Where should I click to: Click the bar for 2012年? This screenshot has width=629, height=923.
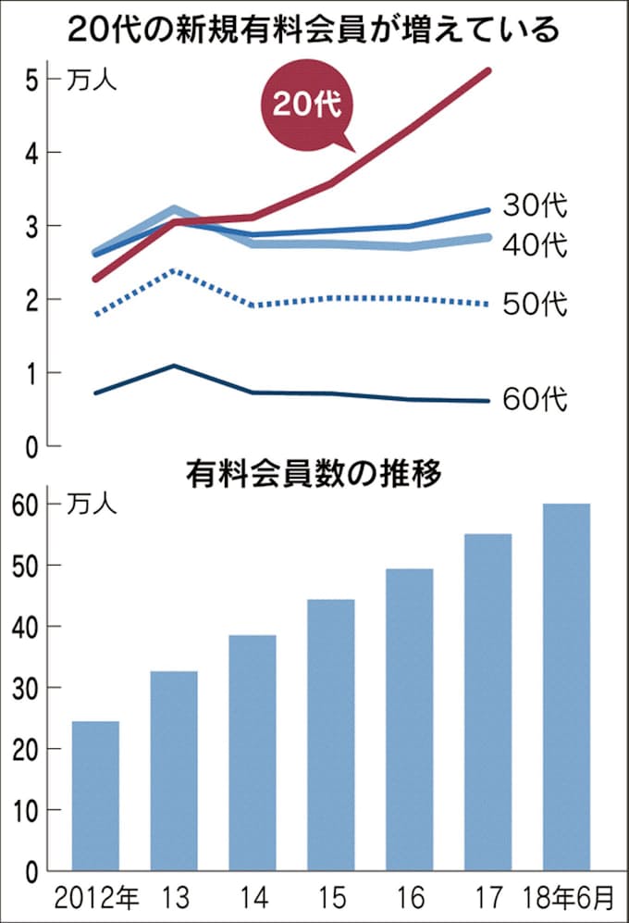[95, 796]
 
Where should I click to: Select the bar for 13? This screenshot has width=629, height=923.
[174, 771]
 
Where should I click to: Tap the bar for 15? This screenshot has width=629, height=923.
[331, 735]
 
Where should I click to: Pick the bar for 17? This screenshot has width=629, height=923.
[487, 703]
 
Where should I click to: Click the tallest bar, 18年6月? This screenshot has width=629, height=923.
[566, 687]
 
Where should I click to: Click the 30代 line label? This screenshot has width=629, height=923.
[535, 204]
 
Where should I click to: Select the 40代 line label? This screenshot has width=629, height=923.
[535, 245]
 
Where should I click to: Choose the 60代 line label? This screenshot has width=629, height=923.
[535, 400]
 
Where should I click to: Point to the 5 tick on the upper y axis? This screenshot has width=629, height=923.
[30, 79]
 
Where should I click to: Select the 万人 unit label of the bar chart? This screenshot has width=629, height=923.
[92, 505]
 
